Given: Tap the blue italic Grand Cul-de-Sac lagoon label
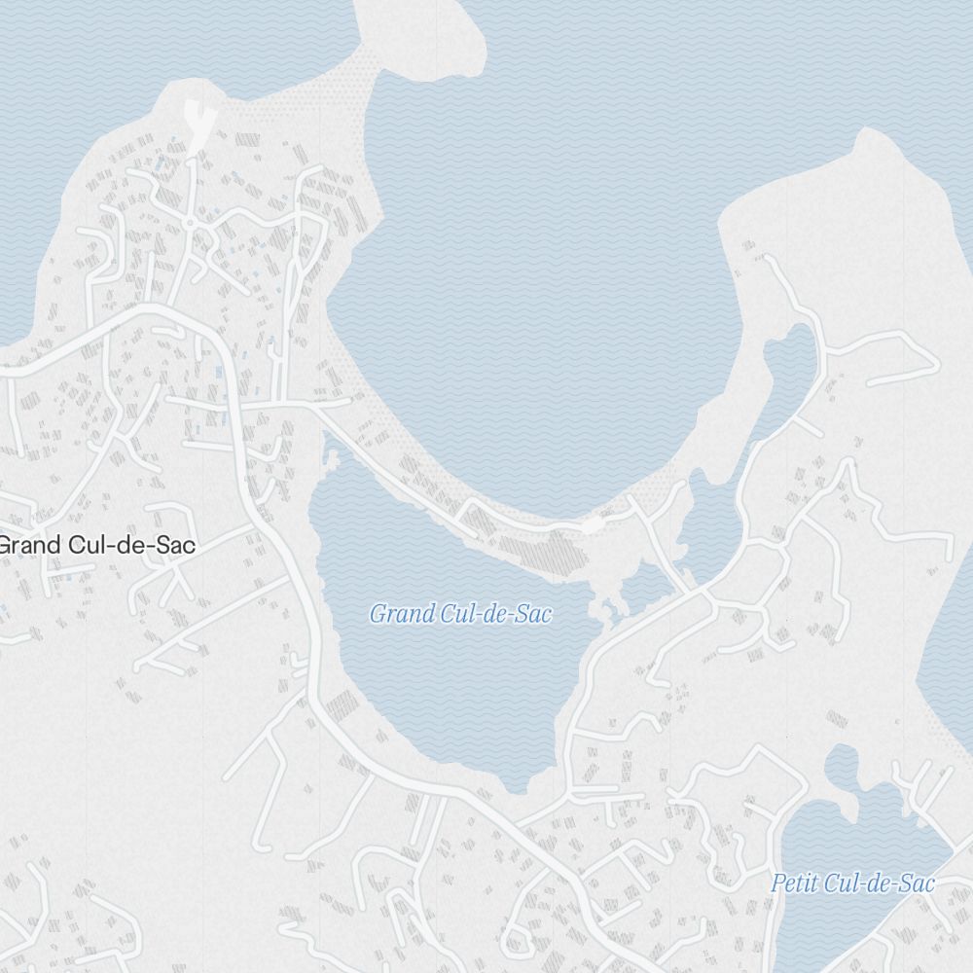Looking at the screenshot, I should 460,614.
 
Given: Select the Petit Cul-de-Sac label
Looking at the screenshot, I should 852,883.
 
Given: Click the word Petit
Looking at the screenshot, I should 794,883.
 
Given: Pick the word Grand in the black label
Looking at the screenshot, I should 31,545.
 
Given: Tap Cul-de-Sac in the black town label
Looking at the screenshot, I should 133,545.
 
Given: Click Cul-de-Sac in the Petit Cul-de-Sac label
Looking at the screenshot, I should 879,883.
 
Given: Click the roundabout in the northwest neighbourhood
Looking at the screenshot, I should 190,224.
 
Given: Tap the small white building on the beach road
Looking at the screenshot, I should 592,524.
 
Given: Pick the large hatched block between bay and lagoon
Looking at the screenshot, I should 555,556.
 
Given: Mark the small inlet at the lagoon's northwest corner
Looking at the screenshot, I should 331,452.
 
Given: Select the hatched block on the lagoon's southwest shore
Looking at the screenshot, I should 342,705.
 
